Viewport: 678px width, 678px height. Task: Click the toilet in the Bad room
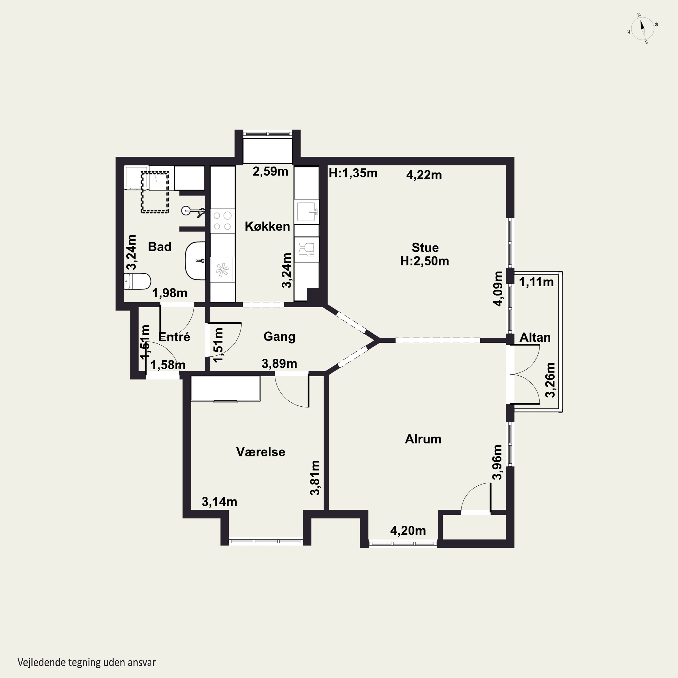[138, 281]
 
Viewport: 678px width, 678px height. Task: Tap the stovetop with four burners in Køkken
[222, 221]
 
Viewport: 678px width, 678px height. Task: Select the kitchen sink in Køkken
[306, 212]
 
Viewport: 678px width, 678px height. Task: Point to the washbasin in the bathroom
[195, 261]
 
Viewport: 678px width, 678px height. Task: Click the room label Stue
[425, 247]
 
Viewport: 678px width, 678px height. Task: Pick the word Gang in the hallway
[279, 337]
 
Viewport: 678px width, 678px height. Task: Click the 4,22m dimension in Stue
[424, 175]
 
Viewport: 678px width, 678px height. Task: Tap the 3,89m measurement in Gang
[279, 364]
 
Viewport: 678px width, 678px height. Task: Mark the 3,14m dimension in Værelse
[219, 502]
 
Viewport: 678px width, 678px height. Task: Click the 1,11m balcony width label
[536, 282]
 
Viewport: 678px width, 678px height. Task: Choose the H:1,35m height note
[353, 173]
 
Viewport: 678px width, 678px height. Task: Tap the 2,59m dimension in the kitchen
[270, 172]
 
